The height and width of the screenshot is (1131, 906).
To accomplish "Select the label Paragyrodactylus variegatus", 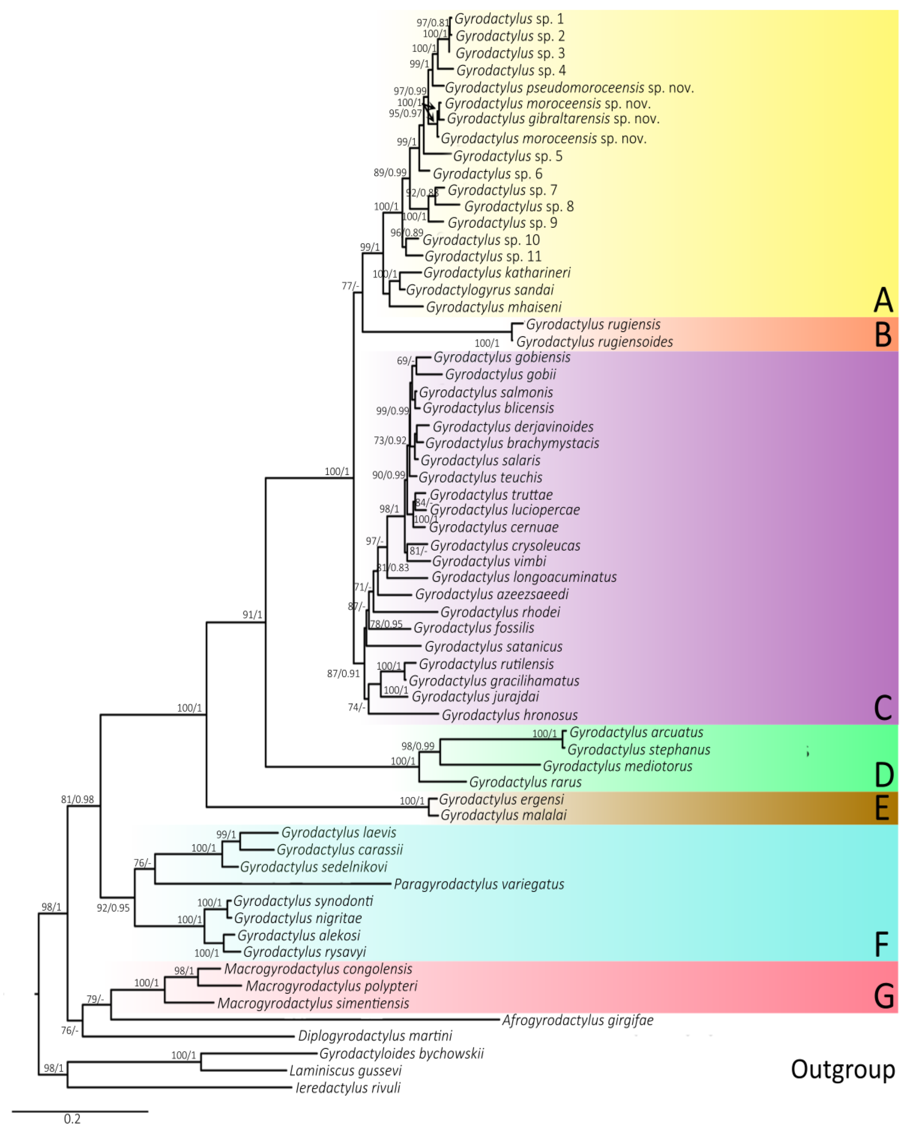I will coord(479,884).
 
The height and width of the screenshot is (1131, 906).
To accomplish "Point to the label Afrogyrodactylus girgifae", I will coord(577,1020).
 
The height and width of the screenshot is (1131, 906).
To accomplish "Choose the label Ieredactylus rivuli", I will coord(348,1087).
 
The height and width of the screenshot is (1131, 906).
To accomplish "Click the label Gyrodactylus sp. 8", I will coord(519,206).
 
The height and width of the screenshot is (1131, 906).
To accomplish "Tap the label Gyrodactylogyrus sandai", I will coord(480,290).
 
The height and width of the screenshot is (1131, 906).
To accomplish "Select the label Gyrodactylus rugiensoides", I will coord(594,342).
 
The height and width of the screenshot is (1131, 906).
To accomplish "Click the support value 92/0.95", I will coord(113,908).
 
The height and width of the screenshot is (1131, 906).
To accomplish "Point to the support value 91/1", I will coord(252,614).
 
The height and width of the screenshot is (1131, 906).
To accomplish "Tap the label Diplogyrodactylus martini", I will coord(375,1036).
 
